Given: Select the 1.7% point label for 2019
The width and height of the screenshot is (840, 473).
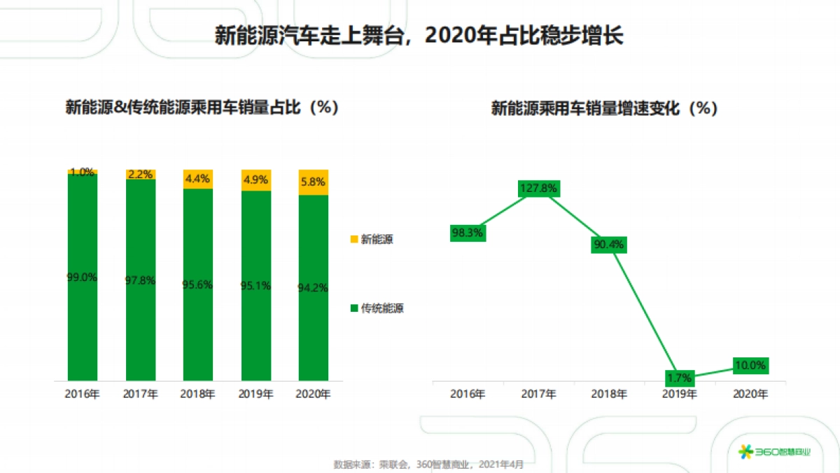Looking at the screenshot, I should click(679, 378).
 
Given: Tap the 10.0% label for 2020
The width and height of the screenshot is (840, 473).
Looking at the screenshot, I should click(750, 365).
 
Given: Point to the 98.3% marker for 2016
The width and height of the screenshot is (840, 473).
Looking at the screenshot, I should click(467, 233).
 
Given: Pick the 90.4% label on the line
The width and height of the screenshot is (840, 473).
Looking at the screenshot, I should click(608, 245).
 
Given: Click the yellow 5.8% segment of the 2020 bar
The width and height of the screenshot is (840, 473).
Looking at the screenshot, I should click(313, 182).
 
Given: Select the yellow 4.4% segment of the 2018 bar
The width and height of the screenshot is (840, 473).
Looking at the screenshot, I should click(197, 179).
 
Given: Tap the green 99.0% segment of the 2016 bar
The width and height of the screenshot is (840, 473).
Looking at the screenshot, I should click(83, 277).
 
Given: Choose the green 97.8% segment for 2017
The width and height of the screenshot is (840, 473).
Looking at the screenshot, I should click(140, 280).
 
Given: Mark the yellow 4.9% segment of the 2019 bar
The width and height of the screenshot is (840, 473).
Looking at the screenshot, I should click(255, 180).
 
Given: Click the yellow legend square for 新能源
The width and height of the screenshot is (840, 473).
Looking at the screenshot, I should click(353, 240).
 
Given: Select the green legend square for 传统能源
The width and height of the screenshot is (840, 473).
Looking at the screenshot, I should click(353, 308).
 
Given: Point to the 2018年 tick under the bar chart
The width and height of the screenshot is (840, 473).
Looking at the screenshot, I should click(197, 395).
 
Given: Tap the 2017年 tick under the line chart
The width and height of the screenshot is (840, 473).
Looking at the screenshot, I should click(538, 395).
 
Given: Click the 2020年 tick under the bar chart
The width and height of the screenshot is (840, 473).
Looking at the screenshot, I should click(313, 395).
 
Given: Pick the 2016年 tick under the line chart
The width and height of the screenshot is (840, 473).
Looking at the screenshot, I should click(468, 395).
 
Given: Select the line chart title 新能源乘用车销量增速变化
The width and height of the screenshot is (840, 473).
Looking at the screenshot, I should click(605, 109).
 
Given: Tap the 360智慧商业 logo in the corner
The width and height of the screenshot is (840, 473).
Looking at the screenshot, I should click(776, 451).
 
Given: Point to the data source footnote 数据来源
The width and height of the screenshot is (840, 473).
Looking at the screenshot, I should click(428, 464).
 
